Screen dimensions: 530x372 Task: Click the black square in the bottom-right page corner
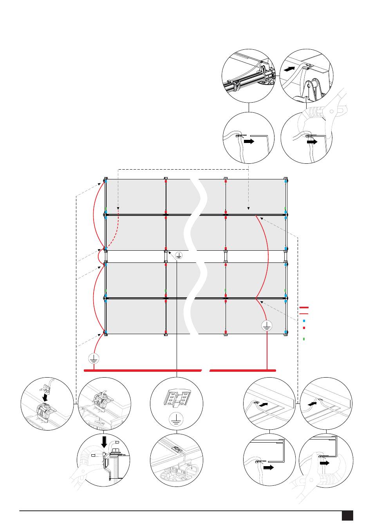(347, 515)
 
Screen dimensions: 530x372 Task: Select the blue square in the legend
(304, 320)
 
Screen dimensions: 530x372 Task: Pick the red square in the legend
(304, 327)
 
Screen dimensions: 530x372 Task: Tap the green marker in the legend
(304, 338)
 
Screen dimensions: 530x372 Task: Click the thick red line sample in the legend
(304, 308)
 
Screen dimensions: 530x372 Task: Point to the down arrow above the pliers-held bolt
(104, 442)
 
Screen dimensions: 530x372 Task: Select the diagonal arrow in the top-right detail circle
(289, 69)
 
